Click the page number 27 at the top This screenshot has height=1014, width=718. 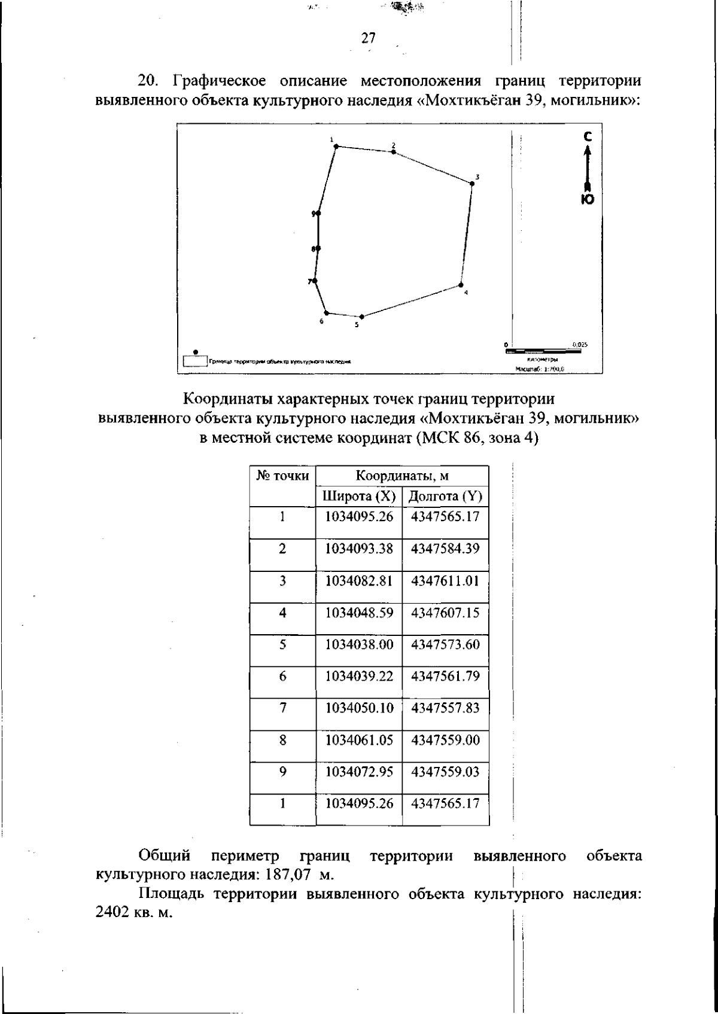coord(369,38)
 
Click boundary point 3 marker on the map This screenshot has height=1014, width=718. coord(471,184)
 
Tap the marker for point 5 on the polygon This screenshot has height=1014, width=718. coord(361,317)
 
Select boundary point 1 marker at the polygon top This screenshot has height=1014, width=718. coord(336,146)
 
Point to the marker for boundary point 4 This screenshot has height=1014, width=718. coord(461,285)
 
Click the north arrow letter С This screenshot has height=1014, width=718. coord(588,137)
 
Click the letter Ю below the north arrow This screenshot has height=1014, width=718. coord(588,200)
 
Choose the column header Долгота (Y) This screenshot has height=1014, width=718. coord(445,497)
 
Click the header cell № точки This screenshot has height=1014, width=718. coord(282,476)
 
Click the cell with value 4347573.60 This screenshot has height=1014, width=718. coord(445,644)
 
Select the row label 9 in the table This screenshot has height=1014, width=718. coord(282,772)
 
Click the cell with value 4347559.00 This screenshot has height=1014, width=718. coord(445,740)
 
